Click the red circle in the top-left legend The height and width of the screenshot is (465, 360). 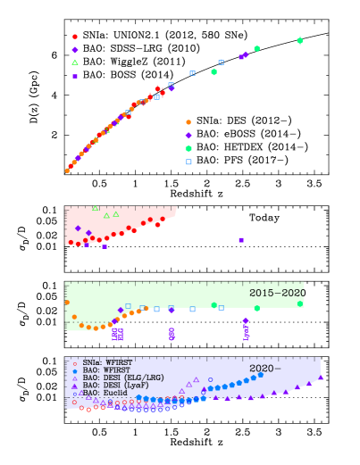[75, 37]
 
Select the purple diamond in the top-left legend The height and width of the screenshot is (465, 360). [75, 50]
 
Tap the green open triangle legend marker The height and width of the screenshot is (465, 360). [75, 62]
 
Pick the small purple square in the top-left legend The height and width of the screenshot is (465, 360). [75, 76]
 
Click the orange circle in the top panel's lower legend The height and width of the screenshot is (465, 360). [188, 122]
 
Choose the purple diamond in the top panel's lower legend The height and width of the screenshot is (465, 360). [188, 135]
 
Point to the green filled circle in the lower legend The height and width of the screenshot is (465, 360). [188, 148]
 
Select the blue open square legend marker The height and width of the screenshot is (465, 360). [188, 162]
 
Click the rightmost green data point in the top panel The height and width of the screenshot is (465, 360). [299, 40]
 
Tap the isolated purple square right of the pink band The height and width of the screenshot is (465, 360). [241, 239]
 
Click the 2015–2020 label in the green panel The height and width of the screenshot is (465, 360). [277, 293]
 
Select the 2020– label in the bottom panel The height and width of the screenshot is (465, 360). [265, 368]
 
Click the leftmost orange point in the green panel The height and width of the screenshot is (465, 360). [67, 303]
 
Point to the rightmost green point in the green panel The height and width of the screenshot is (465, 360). [300, 303]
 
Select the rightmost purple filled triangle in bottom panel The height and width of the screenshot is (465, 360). [321, 378]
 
